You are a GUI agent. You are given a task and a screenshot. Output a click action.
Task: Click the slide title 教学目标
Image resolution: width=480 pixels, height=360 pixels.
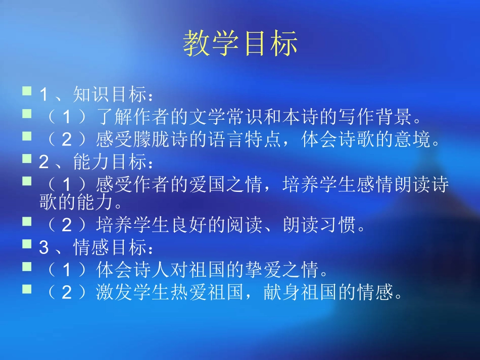240,43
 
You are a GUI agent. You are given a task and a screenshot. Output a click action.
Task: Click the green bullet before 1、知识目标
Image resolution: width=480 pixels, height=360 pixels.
27,91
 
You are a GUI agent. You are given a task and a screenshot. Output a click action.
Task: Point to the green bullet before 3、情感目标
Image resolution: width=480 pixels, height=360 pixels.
27,245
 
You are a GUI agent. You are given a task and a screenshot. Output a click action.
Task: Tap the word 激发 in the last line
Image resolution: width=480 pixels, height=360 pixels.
107,293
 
